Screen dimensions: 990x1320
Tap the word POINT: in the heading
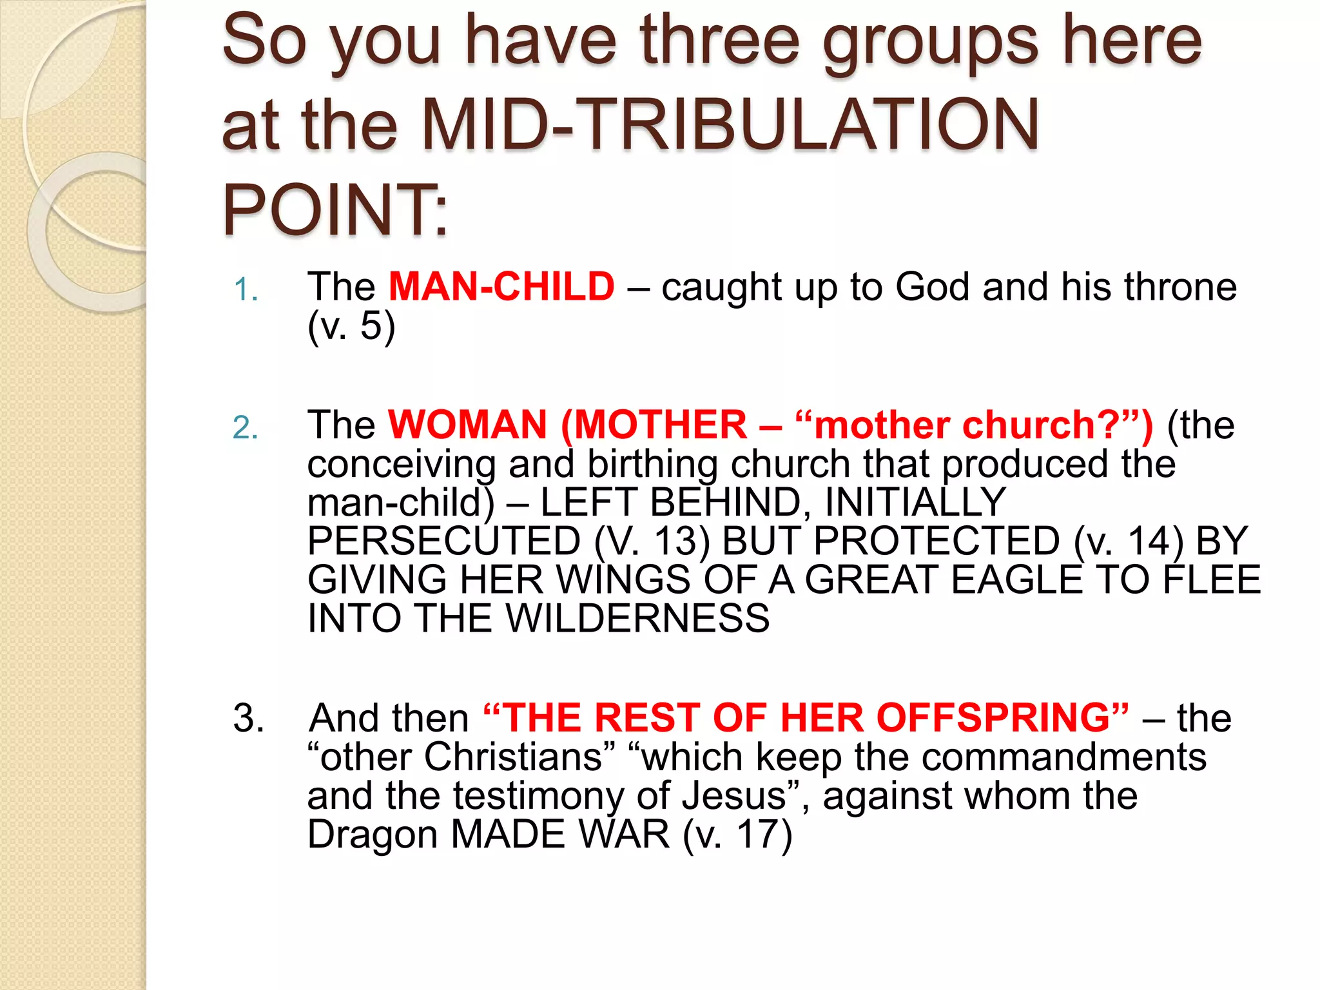click(335, 210)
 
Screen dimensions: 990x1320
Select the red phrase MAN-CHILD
click(501, 287)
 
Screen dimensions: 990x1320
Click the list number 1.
click(246, 289)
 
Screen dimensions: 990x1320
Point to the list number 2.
click(246, 427)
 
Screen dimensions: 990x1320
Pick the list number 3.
click(248, 718)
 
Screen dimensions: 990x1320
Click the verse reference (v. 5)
click(351, 325)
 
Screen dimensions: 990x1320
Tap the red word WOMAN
click(467, 425)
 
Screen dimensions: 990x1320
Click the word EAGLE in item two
click(1016, 579)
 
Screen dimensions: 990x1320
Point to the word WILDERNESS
click(637, 618)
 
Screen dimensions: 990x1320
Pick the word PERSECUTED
click(444, 541)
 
